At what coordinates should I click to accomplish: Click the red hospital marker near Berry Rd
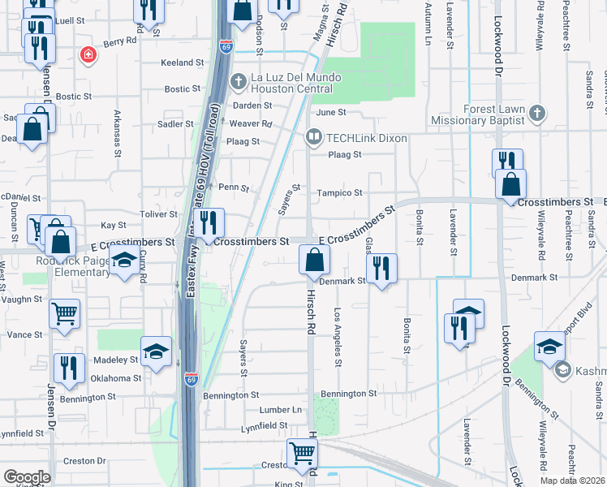pos(88,54)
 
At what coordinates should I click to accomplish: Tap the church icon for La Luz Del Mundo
pos(239,80)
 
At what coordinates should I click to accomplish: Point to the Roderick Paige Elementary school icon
pos(123,261)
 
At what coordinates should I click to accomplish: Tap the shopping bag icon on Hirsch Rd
pos(314,261)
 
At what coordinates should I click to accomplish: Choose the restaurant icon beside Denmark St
pos(381,268)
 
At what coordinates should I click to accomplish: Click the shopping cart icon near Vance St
pos(64,312)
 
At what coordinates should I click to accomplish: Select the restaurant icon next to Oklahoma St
pos(70,367)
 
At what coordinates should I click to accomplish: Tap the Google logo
pos(27,477)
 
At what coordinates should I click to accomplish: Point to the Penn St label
pos(232,187)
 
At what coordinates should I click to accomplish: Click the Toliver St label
pos(160,214)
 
